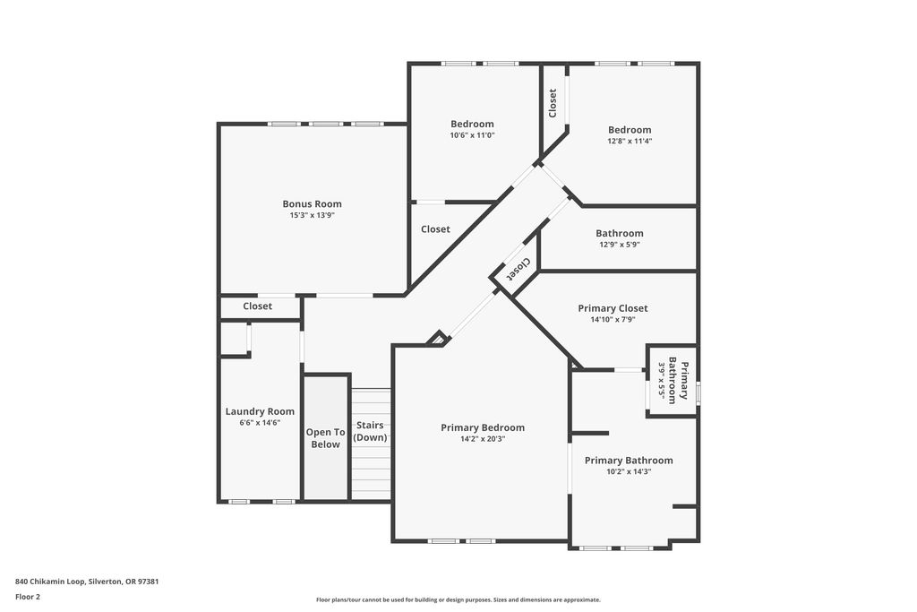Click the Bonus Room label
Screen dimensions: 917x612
[x=312, y=204]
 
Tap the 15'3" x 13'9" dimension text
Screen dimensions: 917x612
[x=312, y=215]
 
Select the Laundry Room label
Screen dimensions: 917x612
[x=260, y=412]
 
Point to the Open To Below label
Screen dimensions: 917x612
[x=325, y=438]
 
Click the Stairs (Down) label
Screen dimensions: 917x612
[x=370, y=431]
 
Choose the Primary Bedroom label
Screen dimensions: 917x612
[x=483, y=427]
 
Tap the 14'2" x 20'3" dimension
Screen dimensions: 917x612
[x=483, y=439]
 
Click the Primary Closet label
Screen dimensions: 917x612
[x=613, y=308]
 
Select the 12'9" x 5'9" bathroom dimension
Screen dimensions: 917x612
[x=620, y=245]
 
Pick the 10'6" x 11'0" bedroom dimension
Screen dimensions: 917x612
[x=472, y=135]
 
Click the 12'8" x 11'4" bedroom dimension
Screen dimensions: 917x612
[x=630, y=141]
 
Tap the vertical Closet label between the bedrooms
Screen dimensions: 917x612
[x=553, y=103]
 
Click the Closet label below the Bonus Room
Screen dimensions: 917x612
[x=257, y=306]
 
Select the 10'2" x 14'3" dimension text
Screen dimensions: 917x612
[x=629, y=471]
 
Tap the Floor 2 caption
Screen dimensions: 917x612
[x=28, y=597]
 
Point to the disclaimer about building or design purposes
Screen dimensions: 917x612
[x=458, y=599]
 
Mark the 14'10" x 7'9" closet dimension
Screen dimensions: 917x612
[x=613, y=320]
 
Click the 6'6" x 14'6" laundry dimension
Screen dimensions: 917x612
[x=260, y=422]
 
